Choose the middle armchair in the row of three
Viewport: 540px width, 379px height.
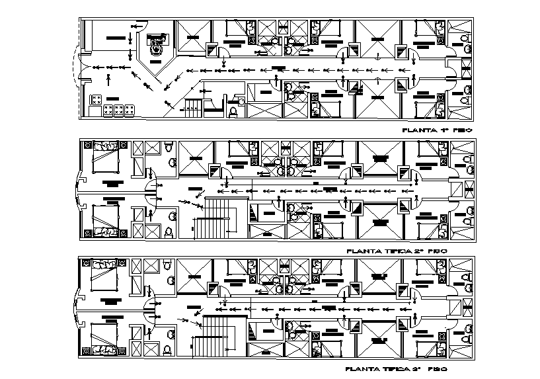click(119, 111)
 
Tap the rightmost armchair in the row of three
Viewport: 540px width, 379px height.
click(130, 111)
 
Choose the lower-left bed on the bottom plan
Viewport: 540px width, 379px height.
click(104, 337)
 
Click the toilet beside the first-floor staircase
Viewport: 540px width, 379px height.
click(232, 112)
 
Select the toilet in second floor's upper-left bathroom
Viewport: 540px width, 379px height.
click(171, 161)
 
